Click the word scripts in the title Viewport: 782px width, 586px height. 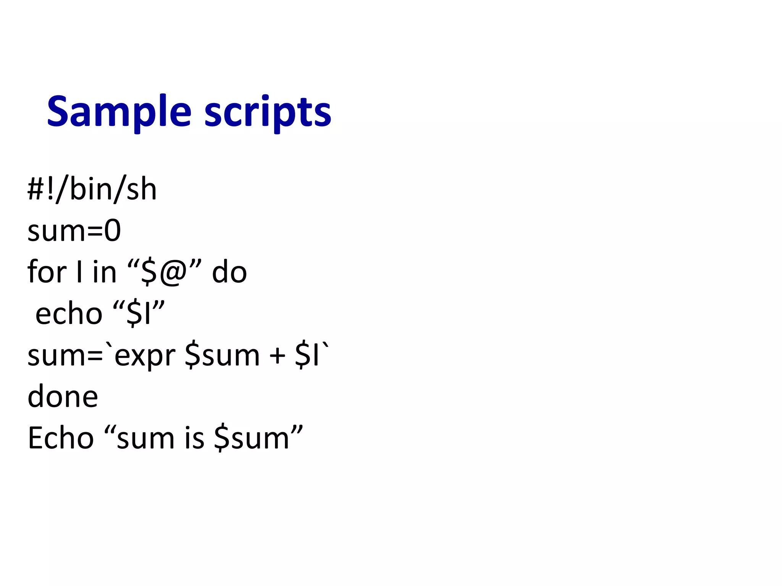tap(268, 112)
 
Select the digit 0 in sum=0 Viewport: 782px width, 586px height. tap(113, 231)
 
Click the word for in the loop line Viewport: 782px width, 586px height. tap(47, 272)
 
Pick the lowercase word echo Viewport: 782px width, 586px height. tap(69, 314)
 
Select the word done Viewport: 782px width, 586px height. tap(63, 397)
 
